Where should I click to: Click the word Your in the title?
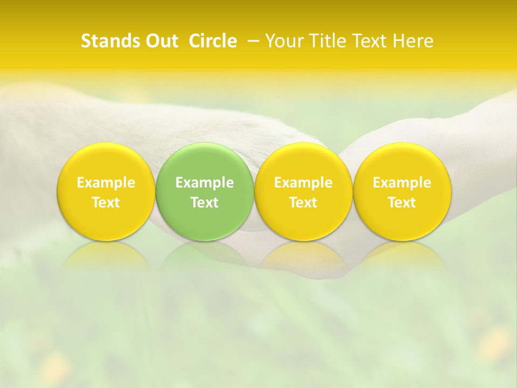click(x=283, y=41)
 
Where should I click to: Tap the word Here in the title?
click(x=413, y=41)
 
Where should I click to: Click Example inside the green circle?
click(x=204, y=183)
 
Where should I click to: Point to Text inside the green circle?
click(x=204, y=203)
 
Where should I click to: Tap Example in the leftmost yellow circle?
click(x=106, y=183)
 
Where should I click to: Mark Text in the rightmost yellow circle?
click(x=402, y=203)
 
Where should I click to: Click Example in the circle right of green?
click(x=303, y=183)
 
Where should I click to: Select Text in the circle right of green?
click(x=303, y=203)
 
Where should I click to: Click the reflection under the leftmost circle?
click(x=106, y=255)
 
